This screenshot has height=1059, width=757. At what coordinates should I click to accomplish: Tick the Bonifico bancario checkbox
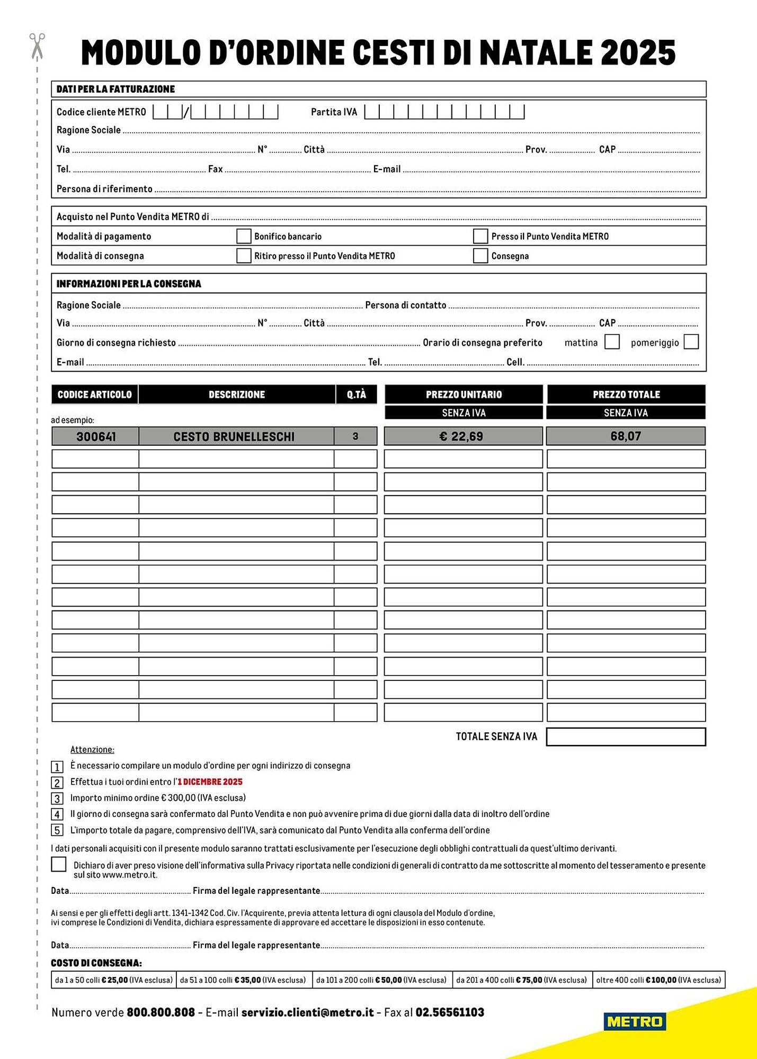point(244,236)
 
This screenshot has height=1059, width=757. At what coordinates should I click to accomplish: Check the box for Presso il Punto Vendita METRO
point(480,236)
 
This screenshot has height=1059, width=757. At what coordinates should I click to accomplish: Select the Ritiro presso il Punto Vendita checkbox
point(244,256)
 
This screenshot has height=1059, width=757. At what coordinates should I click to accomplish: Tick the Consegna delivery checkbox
point(480,256)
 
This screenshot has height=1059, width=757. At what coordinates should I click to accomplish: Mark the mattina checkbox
point(612,342)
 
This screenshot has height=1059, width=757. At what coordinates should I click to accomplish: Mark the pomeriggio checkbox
point(691,342)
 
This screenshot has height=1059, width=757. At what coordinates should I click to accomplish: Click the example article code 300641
point(96,436)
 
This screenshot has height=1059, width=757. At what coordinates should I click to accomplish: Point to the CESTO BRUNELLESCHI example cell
point(234,436)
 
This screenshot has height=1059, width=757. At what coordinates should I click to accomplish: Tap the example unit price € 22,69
point(461,436)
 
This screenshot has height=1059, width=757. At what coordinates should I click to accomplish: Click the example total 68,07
point(626,436)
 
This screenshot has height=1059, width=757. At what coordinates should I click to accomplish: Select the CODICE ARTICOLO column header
point(95,394)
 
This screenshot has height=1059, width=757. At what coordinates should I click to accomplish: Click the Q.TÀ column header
point(357,394)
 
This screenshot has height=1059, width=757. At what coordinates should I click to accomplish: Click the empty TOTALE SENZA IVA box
point(626,737)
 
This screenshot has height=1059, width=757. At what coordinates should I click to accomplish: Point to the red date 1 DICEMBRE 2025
point(210,782)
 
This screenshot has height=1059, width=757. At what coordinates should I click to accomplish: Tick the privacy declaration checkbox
point(59,864)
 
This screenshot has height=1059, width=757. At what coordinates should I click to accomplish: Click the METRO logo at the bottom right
point(635,1021)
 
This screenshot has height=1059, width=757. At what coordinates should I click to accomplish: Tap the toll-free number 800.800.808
point(161,1012)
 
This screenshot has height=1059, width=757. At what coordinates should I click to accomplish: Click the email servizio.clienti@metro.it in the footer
point(307,1012)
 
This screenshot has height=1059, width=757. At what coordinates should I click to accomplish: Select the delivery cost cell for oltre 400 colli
point(658,980)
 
